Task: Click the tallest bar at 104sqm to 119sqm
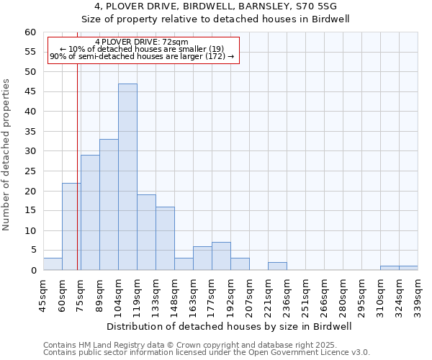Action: click(x=127, y=177)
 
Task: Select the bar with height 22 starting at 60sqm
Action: click(x=71, y=227)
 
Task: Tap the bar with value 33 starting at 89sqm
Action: click(x=109, y=204)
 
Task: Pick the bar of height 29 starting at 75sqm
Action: click(x=90, y=212)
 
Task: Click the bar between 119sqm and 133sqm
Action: click(x=146, y=233)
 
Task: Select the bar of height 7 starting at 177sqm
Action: click(x=221, y=256)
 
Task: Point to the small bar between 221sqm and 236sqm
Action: click(x=277, y=266)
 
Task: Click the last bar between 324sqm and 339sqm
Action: click(x=408, y=268)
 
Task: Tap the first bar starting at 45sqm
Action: click(x=53, y=264)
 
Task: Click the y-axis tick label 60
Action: click(x=30, y=32)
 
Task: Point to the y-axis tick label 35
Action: click(x=30, y=132)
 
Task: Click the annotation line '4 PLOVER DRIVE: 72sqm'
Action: click(x=142, y=42)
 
